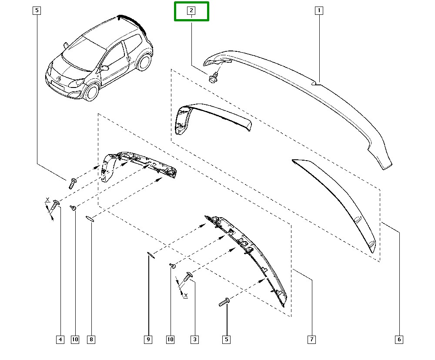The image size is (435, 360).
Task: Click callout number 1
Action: (x=319, y=10)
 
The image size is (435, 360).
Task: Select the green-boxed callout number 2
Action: (x=191, y=10)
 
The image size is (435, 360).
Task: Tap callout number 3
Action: (x=195, y=339)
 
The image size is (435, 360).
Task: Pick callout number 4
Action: (x=60, y=339)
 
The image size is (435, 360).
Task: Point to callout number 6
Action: (x=399, y=339)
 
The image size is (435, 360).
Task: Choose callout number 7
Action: (x=311, y=339)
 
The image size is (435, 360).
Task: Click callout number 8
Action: (x=91, y=339)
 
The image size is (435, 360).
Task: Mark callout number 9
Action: (x=148, y=339)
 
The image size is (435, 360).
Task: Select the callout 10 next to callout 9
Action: (x=171, y=339)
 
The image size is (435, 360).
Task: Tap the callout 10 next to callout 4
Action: (x=75, y=339)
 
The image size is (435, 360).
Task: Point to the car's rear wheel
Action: (x=144, y=62)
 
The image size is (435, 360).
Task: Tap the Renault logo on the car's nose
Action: (x=59, y=78)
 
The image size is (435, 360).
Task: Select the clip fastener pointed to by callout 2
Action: (x=214, y=77)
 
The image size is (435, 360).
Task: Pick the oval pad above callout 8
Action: (x=90, y=219)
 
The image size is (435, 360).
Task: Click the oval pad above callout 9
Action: (x=151, y=255)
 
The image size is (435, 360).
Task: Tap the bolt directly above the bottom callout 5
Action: (x=224, y=302)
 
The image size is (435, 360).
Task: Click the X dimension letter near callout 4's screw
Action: (x=47, y=199)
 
